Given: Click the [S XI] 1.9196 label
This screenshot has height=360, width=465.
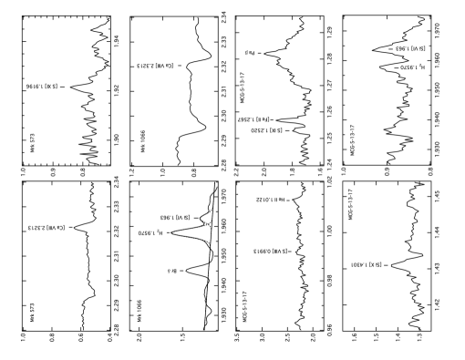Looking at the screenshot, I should click(x=42, y=87).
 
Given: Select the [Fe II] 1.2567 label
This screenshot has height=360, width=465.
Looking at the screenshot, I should click(x=253, y=119).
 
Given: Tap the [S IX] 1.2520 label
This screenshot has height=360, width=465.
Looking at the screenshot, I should click(x=266, y=130).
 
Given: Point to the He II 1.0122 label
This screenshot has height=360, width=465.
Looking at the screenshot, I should click(x=270, y=199).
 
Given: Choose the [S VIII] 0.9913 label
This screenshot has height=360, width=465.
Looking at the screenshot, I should click(x=270, y=251).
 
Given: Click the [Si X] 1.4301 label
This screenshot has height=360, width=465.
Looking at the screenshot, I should click(x=366, y=264).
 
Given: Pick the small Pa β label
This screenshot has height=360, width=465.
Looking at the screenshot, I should click(x=250, y=53).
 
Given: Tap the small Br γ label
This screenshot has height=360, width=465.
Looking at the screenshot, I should click(x=172, y=271).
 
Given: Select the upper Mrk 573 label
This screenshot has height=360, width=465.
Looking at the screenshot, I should click(x=33, y=143).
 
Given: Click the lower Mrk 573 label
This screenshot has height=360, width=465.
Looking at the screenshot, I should click(x=32, y=313).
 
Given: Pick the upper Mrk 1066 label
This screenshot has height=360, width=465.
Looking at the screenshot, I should click(x=142, y=141).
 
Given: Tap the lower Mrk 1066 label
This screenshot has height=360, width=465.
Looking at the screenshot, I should click(x=139, y=311).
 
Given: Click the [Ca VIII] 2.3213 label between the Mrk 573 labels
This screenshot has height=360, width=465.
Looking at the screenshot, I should click(x=47, y=228).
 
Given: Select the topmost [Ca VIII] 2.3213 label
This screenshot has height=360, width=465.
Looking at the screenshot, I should click(x=157, y=66).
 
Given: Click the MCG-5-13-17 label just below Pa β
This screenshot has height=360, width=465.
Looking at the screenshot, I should click(x=243, y=87).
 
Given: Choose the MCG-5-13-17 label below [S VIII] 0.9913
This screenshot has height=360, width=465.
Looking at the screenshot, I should click(x=244, y=306).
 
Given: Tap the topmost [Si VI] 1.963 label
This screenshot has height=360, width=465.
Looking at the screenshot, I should click(x=411, y=48).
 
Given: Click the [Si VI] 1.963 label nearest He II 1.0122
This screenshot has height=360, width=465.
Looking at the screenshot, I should click(x=177, y=218).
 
